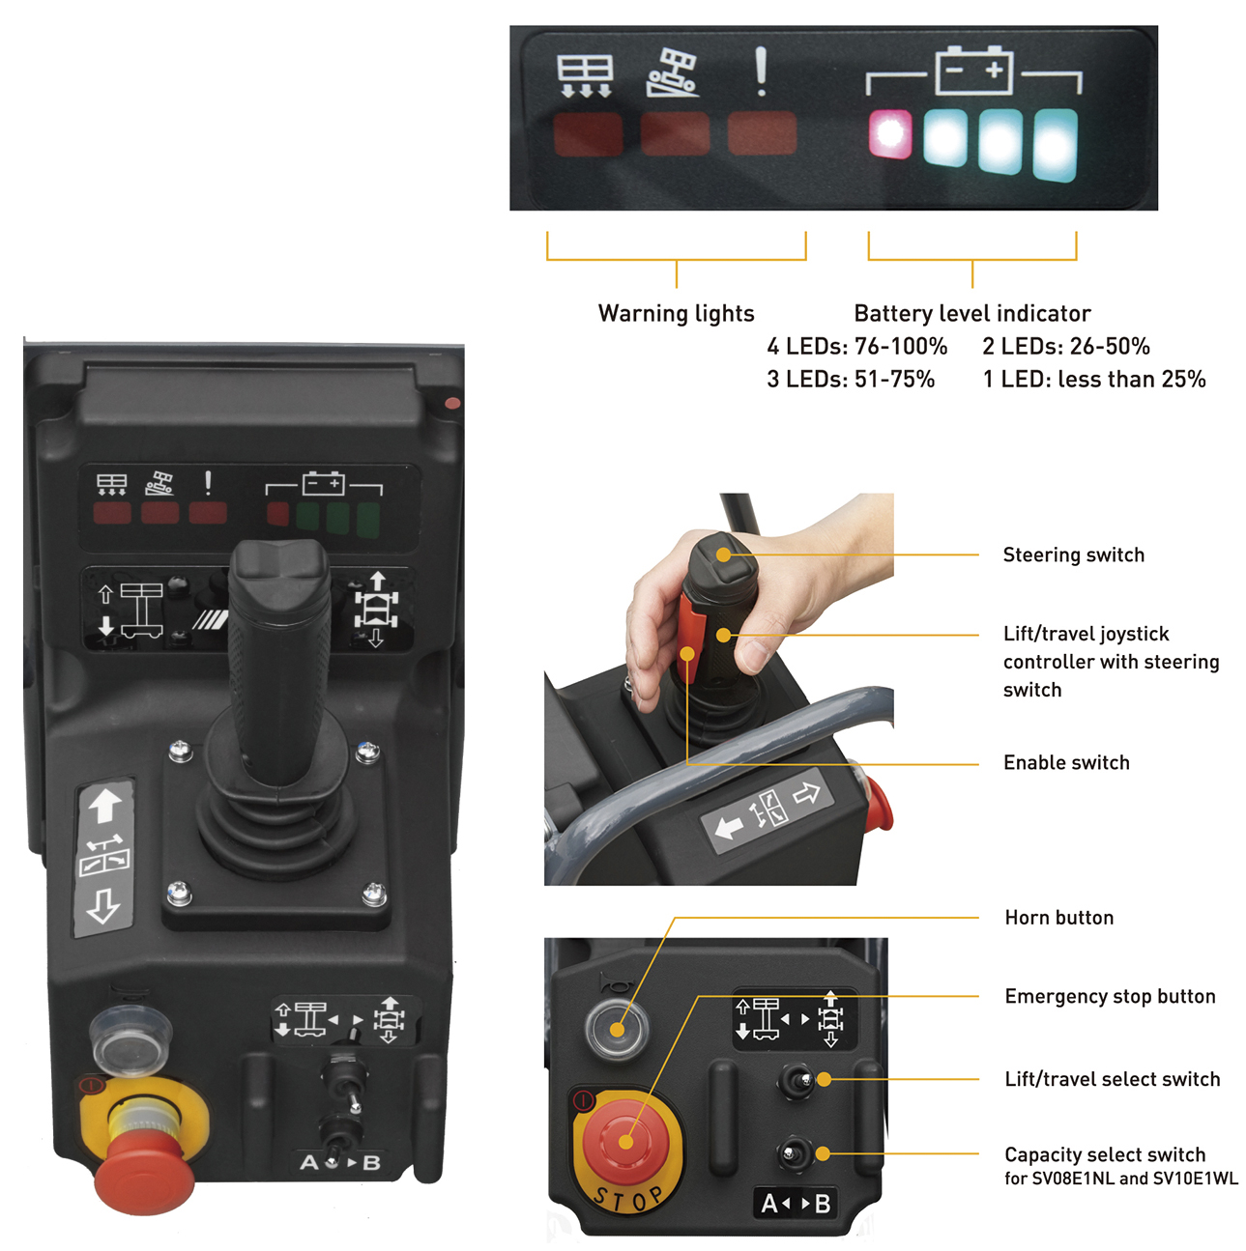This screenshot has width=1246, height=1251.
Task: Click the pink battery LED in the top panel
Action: (889, 133)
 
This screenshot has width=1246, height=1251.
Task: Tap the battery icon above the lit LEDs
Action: (973, 71)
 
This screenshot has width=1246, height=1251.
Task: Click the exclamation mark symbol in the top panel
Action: (761, 71)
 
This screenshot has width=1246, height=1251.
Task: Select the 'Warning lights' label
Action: (676, 313)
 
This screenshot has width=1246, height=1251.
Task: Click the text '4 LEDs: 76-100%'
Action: (856, 346)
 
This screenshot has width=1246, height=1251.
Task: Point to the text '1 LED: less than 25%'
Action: (1094, 379)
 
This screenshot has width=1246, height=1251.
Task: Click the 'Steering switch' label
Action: (1073, 554)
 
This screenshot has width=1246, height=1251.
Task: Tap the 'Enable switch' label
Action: (1066, 762)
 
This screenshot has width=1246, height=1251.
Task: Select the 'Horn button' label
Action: (1058, 918)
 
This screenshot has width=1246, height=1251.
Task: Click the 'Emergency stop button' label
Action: (1110, 996)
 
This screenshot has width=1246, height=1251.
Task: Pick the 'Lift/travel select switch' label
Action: (1112, 1079)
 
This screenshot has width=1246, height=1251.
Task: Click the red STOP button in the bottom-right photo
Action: (626, 1143)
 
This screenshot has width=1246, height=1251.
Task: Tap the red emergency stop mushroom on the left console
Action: (144, 1169)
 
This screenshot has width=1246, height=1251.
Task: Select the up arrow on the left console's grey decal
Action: (104, 804)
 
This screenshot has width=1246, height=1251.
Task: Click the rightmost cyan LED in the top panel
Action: (1054, 145)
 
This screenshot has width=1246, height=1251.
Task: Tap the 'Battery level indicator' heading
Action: (971, 313)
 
